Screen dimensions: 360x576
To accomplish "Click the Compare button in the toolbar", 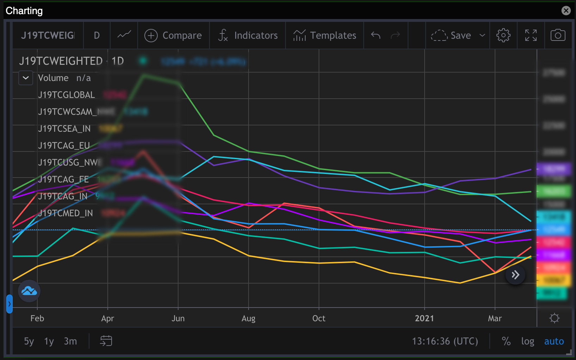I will click(x=173, y=36).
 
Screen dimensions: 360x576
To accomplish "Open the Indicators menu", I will click(x=248, y=36).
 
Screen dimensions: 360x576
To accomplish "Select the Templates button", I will click(x=325, y=36).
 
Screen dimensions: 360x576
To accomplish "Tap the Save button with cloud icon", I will click(x=451, y=36).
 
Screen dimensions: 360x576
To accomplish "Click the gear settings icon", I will click(x=503, y=36).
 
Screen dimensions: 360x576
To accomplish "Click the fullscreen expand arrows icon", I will click(x=531, y=36).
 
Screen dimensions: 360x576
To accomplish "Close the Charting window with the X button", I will click(x=566, y=11).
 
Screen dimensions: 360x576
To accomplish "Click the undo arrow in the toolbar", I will click(x=376, y=36).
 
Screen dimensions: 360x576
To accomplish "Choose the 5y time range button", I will click(x=29, y=341).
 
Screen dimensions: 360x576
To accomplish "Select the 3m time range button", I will click(x=70, y=341).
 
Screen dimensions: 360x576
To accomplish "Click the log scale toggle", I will click(x=527, y=341).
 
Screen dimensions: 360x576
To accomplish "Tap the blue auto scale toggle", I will click(x=554, y=341).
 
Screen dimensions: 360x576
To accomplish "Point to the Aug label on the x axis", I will click(x=248, y=318).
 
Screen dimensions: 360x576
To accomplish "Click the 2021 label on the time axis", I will click(x=424, y=318).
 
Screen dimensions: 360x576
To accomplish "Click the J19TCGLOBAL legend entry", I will click(x=67, y=95).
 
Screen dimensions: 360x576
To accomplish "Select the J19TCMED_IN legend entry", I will click(x=65, y=213).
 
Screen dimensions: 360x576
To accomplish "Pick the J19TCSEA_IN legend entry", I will click(x=64, y=129).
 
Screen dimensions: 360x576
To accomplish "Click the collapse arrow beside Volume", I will click(x=26, y=78).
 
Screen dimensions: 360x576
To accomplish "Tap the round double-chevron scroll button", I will click(x=515, y=275).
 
